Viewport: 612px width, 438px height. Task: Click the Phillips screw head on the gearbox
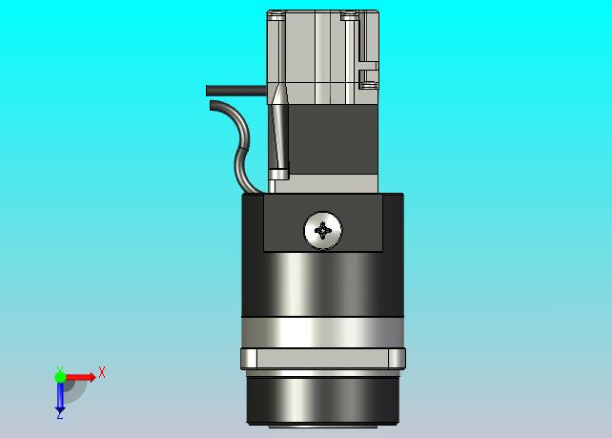click(x=323, y=231)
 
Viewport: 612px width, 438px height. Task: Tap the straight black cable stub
click(x=236, y=91)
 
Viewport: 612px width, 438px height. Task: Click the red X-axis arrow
click(x=81, y=377)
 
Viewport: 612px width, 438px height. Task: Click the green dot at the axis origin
click(x=60, y=377)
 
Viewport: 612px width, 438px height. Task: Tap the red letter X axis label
click(x=102, y=372)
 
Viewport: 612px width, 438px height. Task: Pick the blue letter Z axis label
click(x=60, y=416)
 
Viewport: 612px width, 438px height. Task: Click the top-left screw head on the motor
click(x=276, y=15)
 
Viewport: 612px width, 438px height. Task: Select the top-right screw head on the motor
click(x=349, y=15)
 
